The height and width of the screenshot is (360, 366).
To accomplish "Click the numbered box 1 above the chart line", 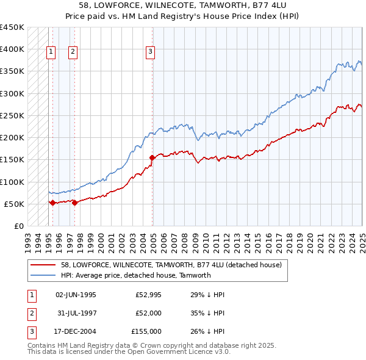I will tap(51, 52).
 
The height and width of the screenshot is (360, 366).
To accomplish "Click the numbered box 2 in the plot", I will tap(73, 52).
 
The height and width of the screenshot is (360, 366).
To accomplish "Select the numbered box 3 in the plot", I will tap(150, 52).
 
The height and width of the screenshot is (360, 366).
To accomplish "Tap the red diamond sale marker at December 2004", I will tap(152, 158).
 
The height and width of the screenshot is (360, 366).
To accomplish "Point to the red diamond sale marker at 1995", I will tap(52, 203).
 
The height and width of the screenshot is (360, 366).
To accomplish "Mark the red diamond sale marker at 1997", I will tap(74, 203).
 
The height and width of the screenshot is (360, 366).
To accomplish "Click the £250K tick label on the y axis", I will tap(12, 115).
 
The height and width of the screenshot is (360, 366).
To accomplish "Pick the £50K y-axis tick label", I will tap(14, 204).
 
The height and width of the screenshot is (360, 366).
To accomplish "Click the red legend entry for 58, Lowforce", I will tap(171, 265).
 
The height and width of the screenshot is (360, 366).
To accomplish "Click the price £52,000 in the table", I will tap(148, 313).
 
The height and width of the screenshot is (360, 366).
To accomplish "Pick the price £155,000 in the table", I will tap(146, 331).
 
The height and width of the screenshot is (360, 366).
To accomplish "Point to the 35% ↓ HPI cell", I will tap(207, 313).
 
